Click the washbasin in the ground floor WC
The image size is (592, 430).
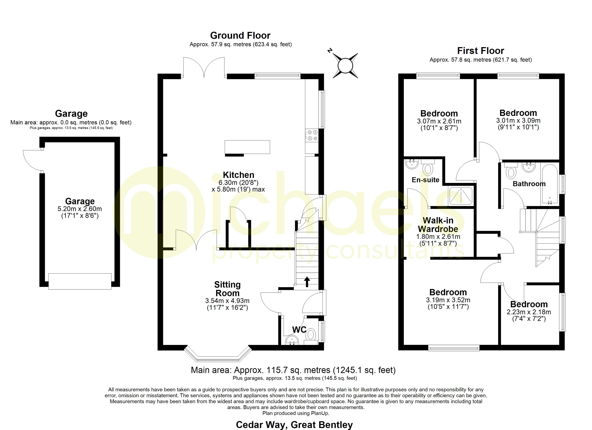click(x=292, y=340)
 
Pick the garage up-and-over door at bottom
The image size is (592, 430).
click(x=80, y=281)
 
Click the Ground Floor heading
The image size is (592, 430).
click(x=240, y=35)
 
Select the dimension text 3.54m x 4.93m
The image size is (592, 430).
click(x=227, y=301)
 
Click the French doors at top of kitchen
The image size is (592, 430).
click(x=204, y=67)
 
